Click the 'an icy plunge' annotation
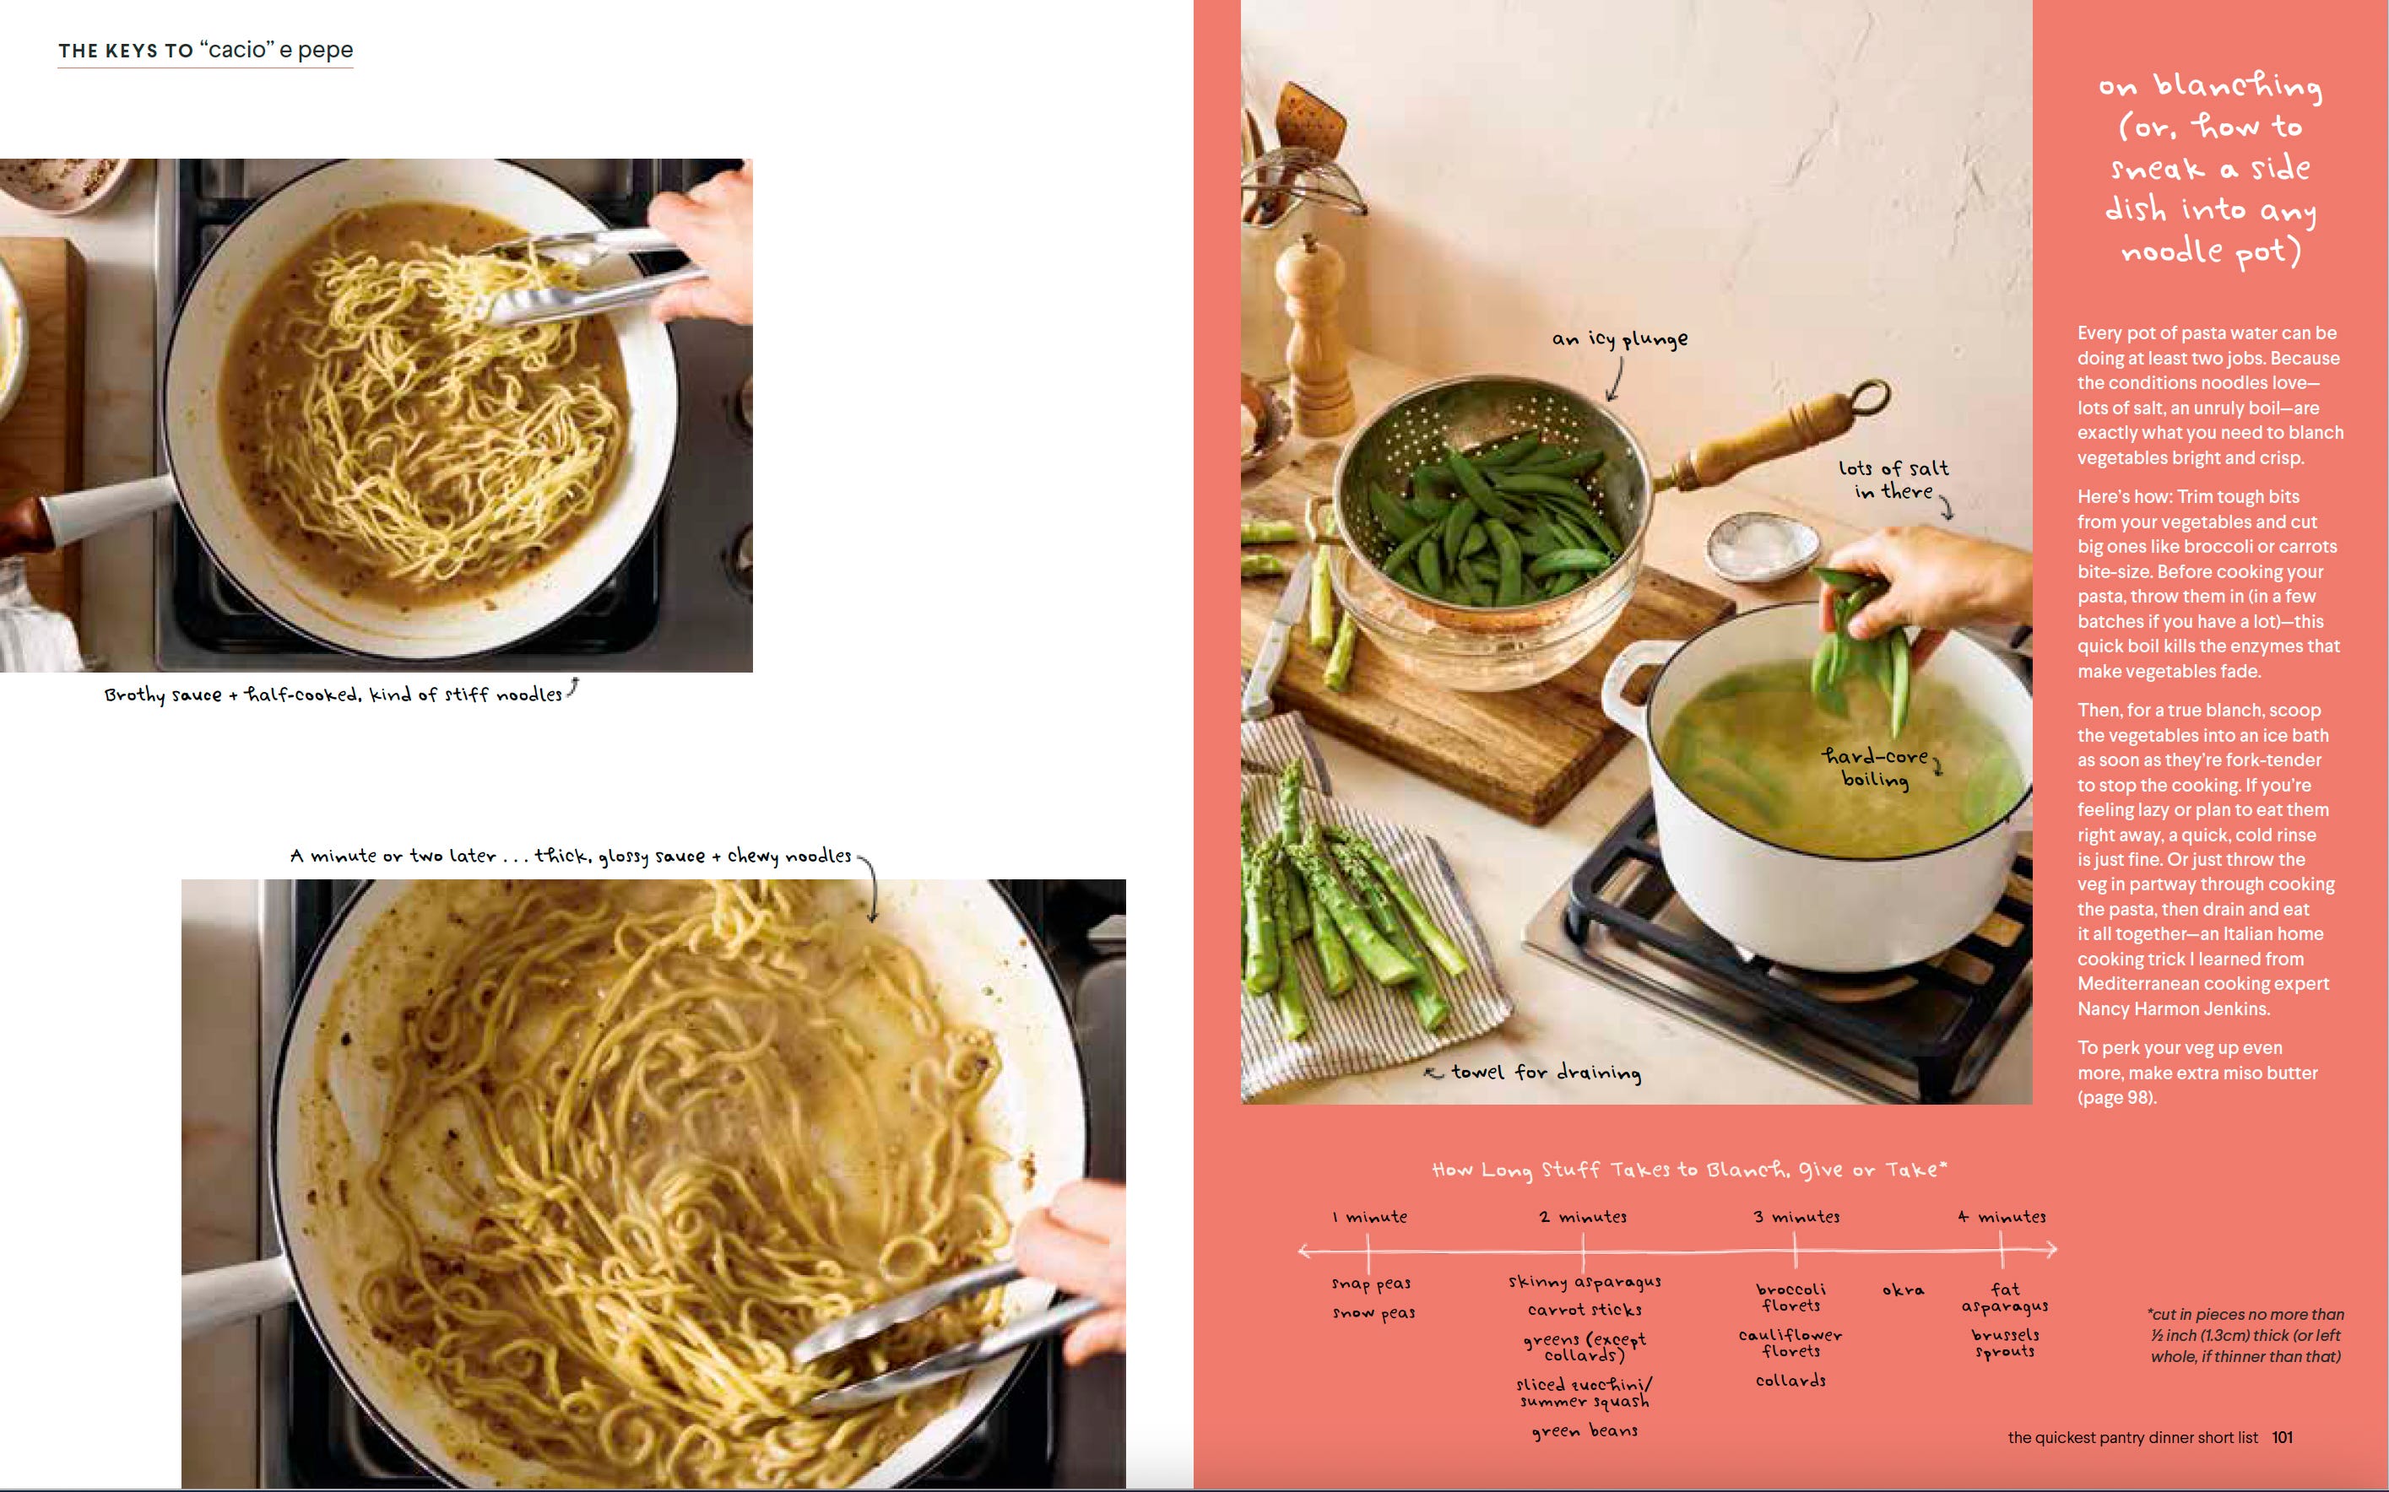tap(1619, 338)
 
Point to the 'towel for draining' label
tap(1546, 1072)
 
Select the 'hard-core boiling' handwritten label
tap(1874, 768)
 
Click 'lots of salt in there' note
tap(1893, 479)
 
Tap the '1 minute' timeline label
tap(1369, 1217)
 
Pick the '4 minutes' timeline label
tap(2002, 1217)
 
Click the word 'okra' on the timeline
tap(1903, 1289)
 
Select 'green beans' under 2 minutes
tap(1585, 1430)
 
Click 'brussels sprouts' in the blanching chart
tap(2004, 1342)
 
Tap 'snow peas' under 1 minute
tap(1373, 1312)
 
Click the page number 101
tap(2282, 1437)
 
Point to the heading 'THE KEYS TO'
tap(125, 51)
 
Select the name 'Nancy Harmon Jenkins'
tap(2173, 1008)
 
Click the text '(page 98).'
tap(2116, 1097)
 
